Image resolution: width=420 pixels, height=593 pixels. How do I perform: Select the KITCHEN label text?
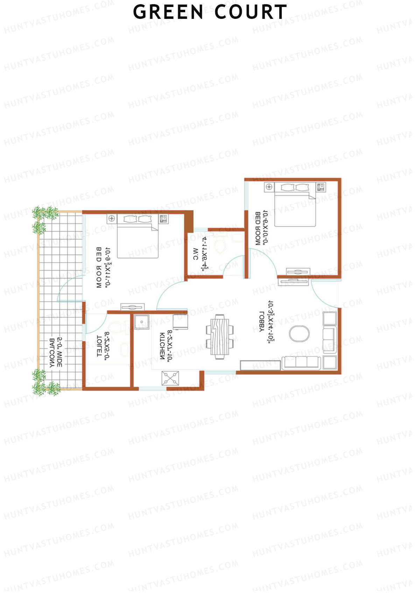[162, 346]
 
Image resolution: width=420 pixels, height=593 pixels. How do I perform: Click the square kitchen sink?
[142, 322]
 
